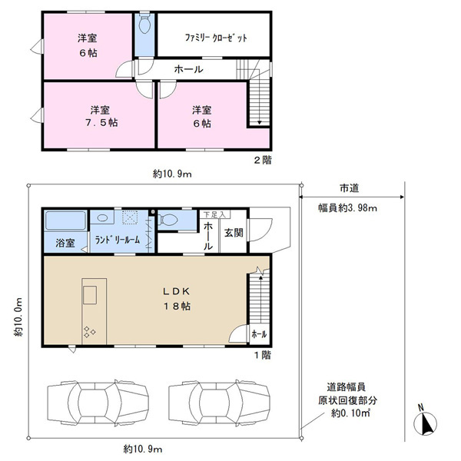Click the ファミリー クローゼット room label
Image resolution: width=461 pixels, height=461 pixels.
click(x=216, y=38)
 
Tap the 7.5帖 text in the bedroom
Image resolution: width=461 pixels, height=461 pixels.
click(x=101, y=123)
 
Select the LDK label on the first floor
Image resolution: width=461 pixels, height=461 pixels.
click(x=177, y=291)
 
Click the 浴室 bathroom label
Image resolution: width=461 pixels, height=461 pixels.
click(x=65, y=243)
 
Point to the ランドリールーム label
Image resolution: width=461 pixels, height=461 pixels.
click(x=118, y=240)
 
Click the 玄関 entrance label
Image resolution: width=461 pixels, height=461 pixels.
click(x=234, y=233)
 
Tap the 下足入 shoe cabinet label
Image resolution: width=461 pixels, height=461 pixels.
click(x=214, y=214)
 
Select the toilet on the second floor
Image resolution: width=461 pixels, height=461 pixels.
click(x=144, y=25)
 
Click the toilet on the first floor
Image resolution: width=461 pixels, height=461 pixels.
click(x=167, y=220)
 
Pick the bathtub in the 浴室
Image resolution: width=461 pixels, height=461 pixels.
click(x=65, y=221)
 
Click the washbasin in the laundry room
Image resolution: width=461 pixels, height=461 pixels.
click(x=102, y=218)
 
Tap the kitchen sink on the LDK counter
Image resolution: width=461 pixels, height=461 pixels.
click(x=90, y=295)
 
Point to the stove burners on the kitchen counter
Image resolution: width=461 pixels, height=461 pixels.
click(x=90, y=332)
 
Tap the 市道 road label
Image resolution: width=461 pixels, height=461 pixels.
click(x=350, y=188)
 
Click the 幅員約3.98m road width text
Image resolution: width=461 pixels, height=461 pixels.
click(x=347, y=208)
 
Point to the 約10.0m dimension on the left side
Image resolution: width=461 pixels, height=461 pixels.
click(x=18, y=317)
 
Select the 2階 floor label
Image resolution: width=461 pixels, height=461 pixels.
click(x=263, y=161)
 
